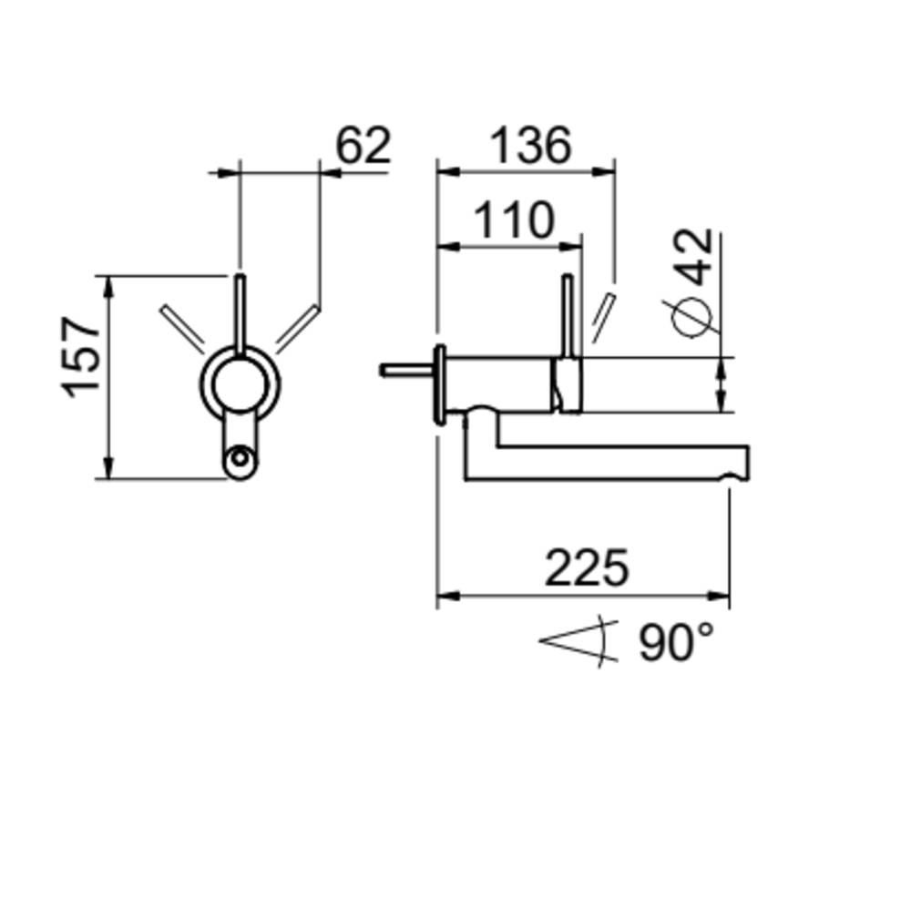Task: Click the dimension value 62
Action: pyautogui.click(x=363, y=144)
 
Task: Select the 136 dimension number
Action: pyautogui.click(x=531, y=145)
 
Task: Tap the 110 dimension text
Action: pyautogui.click(x=514, y=220)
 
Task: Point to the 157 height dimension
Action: pyautogui.click(x=80, y=357)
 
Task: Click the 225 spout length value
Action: pyautogui.click(x=587, y=567)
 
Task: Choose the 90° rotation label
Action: pyautogui.click(x=676, y=641)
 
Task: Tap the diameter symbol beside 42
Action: pyautogui.click(x=691, y=318)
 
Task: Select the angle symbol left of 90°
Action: pyautogui.click(x=578, y=641)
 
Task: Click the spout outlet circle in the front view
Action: pyautogui.click(x=240, y=458)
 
